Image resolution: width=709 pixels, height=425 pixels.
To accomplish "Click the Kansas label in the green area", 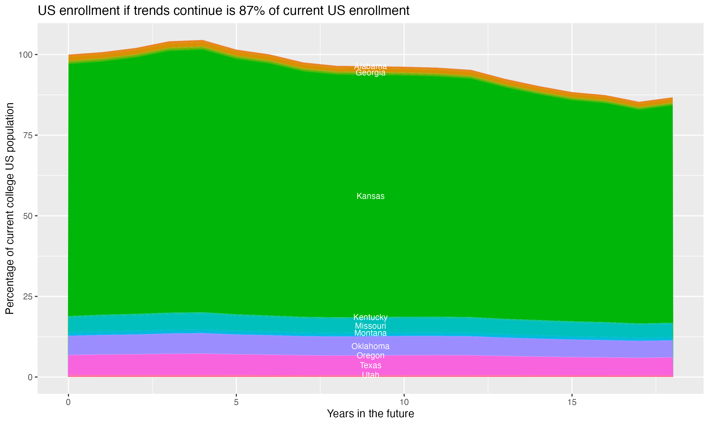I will click(x=370, y=196).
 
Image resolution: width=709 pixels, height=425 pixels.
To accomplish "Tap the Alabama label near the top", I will click(x=370, y=66).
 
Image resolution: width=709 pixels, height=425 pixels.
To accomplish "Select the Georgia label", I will click(x=370, y=73).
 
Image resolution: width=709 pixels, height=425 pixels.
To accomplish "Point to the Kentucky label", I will click(x=370, y=317).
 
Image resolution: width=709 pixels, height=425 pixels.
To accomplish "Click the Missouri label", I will click(x=370, y=326).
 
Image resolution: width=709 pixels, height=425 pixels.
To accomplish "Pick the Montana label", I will click(x=370, y=333).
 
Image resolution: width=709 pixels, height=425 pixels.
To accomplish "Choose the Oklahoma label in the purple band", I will click(x=370, y=346).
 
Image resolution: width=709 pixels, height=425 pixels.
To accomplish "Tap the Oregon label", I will click(x=370, y=355).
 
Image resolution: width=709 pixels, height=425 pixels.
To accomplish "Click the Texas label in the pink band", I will click(x=370, y=365).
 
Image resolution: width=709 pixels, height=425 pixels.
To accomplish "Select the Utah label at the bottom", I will click(x=370, y=375).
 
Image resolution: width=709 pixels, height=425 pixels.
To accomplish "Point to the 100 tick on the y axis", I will click(x=26, y=55).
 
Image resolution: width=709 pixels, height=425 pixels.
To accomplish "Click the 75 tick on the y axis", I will click(x=28, y=136).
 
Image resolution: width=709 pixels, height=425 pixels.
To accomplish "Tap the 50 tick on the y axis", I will click(x=28, y=216).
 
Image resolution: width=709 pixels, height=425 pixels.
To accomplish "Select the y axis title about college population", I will click(x=10, y=208).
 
